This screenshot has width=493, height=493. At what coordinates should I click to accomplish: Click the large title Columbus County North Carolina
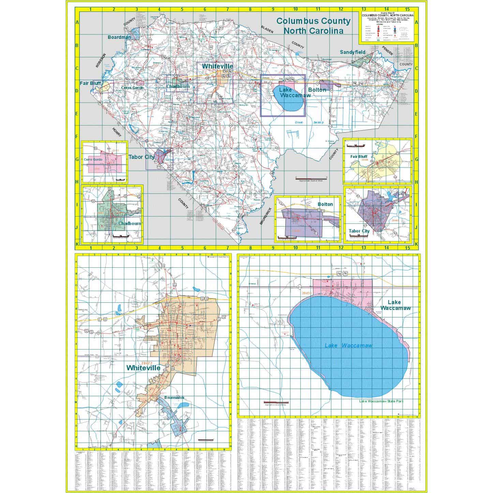click(313, 26)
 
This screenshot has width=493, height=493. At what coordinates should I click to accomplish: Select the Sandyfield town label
click(353, 52)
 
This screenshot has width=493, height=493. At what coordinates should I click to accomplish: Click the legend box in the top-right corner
click(388, 27)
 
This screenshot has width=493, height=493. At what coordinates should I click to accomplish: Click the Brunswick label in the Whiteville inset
click(174, 398)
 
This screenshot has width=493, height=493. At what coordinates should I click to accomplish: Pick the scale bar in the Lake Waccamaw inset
click(275, 403)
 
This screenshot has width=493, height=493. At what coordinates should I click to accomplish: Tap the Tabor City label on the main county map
click(141, 157)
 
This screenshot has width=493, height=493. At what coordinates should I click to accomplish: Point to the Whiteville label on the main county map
click(217, 66)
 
